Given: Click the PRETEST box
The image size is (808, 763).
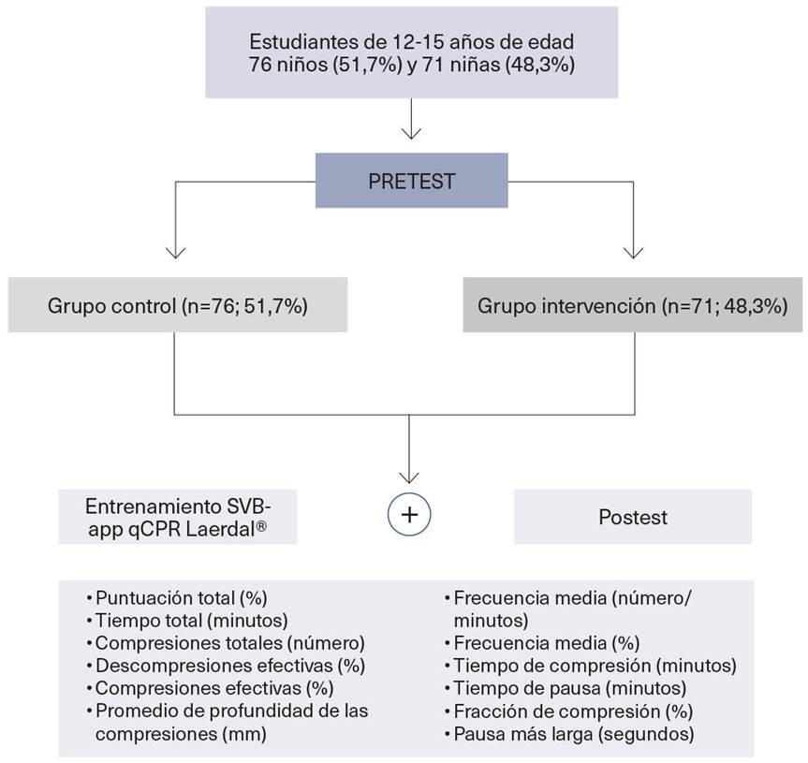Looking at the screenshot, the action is pyautogui.click(x=411, y=181).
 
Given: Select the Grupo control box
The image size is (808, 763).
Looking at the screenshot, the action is pyautogui.click(x=177, y=305).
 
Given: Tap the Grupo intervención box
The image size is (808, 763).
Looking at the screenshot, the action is pyautogui.click(x=632, y=305).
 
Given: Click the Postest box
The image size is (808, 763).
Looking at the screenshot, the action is pyautogui.click(x=632, y=517).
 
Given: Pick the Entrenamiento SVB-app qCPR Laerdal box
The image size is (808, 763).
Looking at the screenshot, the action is pyautogui.click(x=178, y=517).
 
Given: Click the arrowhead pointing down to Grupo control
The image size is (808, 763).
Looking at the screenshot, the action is pyautogui.click(x=175, y=250).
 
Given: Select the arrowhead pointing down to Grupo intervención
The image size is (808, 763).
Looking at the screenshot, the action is pyautogui.click(x=634, y=250).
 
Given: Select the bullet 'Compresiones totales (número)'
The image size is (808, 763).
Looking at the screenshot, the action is pyautogui.click(x=228, y=643).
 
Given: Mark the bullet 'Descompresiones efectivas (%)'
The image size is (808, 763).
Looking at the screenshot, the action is pyautogui.click(x=228, y=666).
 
